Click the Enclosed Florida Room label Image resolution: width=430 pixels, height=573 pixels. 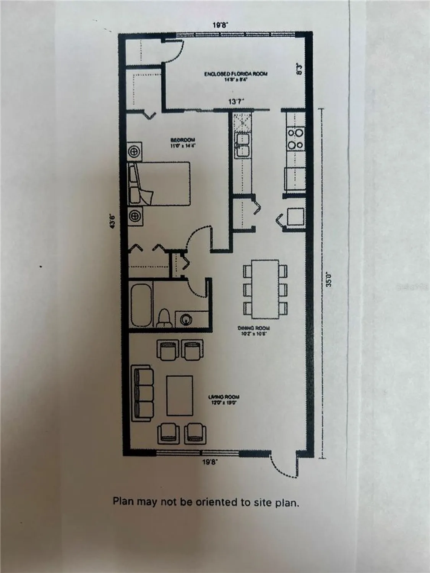(x=235, y=74)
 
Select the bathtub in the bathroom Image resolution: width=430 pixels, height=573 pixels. (x=141, y=304)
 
